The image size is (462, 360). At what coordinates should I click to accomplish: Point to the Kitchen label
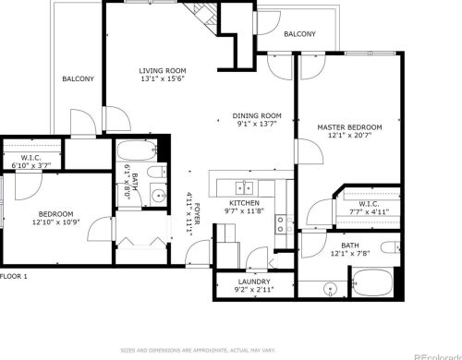pos(244,202)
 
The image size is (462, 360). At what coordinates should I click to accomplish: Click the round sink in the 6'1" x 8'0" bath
pos(157,195)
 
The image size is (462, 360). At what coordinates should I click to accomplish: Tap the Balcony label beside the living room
pos(78,79)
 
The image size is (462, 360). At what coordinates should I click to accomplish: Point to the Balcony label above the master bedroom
pos(299,34)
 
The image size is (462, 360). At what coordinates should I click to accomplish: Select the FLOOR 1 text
pos(14,276)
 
